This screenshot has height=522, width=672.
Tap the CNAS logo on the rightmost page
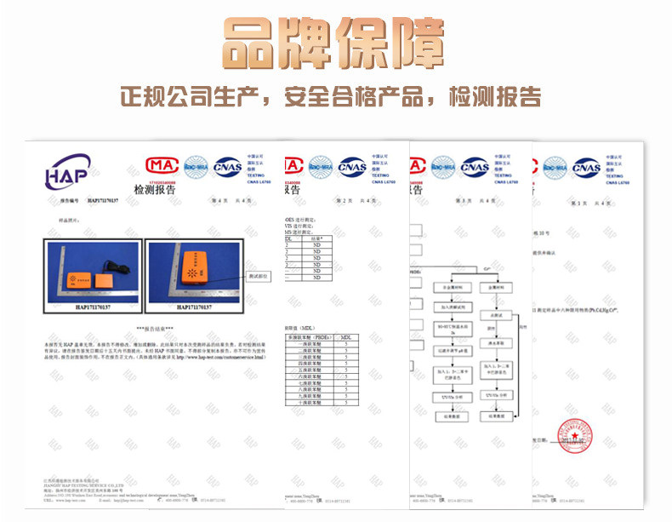[586, 168]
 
